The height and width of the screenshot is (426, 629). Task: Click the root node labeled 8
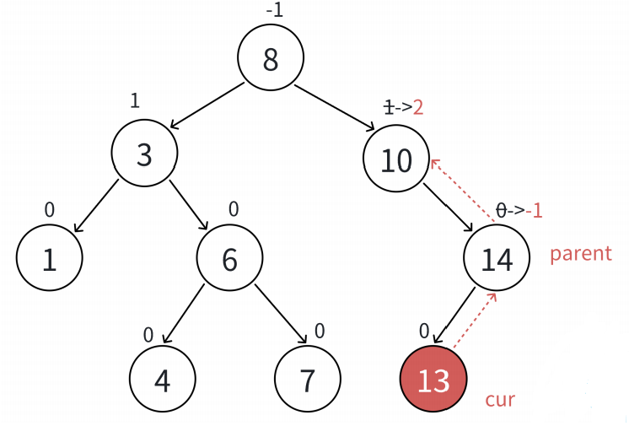pyautogui.click(x=270, y=58)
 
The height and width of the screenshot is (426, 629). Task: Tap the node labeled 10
pyautogui.click(x=395, y=159)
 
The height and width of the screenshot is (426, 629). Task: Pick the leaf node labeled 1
pyautogui.click(x=49, y=261)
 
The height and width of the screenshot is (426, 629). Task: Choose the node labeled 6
pyautogui.click(x=229, y=259)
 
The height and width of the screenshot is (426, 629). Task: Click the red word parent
pyautogui.click(x=580, y=254)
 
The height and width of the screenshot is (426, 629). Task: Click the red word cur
pyautogui.click(x=500, y=399)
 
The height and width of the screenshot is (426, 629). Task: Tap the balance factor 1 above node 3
pyautogui.click(x=135, y=100)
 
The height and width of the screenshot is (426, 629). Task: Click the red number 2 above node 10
pyautogui.click(x=417, y=107)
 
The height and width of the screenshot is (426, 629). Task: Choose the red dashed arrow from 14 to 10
pyautogui.click(x=462, y=192)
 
